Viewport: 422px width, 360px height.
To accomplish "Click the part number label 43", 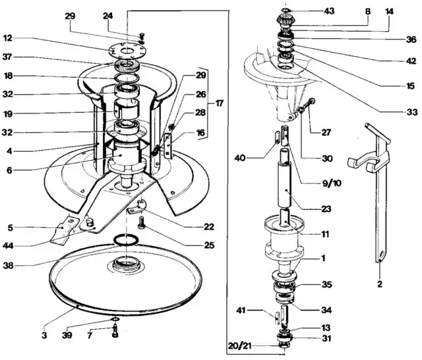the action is tap(328, 11).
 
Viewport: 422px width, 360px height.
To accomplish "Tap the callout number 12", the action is tap(8, 38).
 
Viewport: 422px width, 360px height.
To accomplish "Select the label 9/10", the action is tap(332, 183).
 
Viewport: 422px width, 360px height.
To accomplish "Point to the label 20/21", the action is tap(239, 345).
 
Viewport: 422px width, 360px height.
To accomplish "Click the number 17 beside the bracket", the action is tap(219, 103).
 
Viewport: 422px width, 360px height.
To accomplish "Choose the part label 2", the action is tap(380, 284).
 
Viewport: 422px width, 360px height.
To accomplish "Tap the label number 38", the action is tap(9, 266).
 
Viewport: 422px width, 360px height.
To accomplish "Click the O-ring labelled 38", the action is tap(126, 240).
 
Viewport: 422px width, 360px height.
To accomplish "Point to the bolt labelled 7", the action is tap(115, 332).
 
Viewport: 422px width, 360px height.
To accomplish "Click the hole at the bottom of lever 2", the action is tap(381, 254).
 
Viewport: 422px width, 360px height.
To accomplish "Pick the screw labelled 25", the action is tap(142, 224).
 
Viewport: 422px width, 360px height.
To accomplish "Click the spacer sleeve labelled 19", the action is tap(127, 109).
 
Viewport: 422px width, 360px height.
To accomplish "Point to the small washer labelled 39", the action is tap(115, 319).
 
